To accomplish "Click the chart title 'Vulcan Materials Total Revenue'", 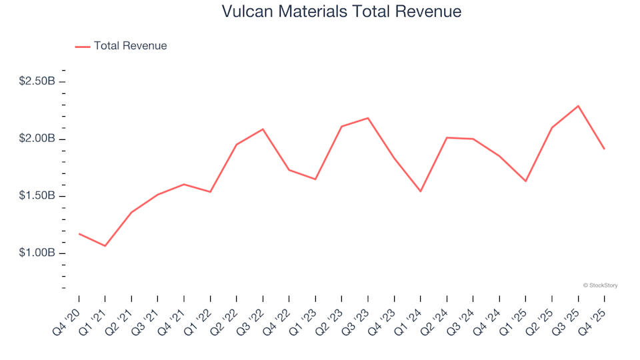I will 341,12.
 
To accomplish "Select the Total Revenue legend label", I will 130,46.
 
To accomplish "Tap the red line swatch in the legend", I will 83,47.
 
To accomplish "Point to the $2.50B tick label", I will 37,81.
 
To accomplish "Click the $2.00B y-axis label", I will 37,139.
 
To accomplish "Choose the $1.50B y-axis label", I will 37,196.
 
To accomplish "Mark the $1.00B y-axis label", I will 37,253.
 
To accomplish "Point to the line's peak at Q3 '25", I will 578,106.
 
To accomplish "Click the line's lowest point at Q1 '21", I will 105,246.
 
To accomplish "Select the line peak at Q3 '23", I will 368,118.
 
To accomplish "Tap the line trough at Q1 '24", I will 421,191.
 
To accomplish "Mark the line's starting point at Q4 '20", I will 79,233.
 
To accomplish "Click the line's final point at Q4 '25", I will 605,149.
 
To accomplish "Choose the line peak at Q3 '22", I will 263,129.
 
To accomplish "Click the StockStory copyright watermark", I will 600,285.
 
